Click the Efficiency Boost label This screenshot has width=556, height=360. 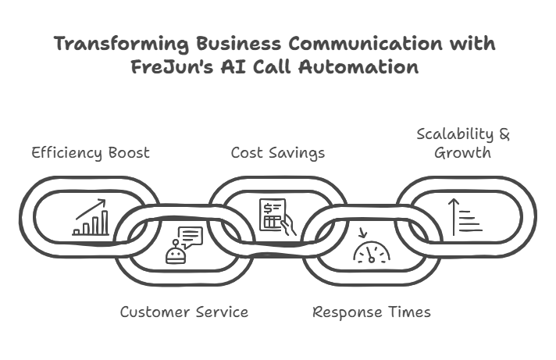91,152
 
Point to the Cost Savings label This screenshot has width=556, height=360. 278,152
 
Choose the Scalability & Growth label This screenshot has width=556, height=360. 463,142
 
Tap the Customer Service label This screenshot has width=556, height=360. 184,312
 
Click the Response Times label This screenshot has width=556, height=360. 371,312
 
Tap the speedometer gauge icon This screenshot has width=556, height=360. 371,250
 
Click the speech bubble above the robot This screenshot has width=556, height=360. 191,235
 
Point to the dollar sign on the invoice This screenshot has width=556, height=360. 269,208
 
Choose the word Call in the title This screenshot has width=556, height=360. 269,66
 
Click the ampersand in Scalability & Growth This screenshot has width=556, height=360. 503,134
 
